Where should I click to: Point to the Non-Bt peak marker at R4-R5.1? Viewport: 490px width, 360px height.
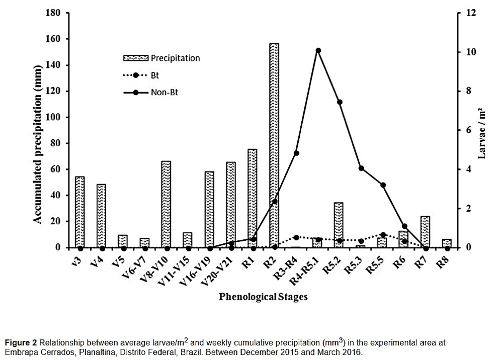pyautogui.click(x=318, y=50)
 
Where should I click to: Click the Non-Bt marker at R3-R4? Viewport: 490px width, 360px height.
pyautogui.click(x=296, y=153)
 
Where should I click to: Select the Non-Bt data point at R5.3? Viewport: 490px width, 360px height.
pyautogui.click(x=361, y=168)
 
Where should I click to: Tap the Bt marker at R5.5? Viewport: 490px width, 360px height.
pyautogui.click(x=383, y=235)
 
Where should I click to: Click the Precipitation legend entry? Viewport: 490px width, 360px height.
pyautogui.click(x=161, y=58)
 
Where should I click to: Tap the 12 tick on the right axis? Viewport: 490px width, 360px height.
pyautogui.click(x=471, y=13)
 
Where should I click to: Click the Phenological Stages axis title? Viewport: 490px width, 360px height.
pyautogui.click(x=263, y=297)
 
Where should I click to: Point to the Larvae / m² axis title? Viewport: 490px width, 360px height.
pyautogui.click(x=481, y=133)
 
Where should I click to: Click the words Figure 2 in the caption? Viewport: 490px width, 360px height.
pyautogui.click(x=21, y=343)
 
